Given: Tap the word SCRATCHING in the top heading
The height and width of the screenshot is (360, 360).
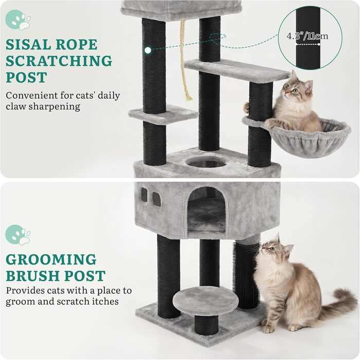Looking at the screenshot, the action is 59,61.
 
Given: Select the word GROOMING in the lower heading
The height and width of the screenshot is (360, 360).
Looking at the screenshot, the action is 51,259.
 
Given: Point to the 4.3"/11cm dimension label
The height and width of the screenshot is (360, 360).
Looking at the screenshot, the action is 307,36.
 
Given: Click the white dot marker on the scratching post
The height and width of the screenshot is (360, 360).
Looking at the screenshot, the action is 148,50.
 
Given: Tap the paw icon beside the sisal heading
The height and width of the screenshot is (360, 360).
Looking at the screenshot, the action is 18,20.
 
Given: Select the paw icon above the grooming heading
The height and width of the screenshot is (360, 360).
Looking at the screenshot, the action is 18,235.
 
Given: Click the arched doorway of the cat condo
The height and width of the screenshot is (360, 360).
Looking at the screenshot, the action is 206,210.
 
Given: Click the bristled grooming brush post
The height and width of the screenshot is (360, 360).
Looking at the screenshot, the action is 246,276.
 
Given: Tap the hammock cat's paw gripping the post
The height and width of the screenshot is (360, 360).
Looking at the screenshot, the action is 246,107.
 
